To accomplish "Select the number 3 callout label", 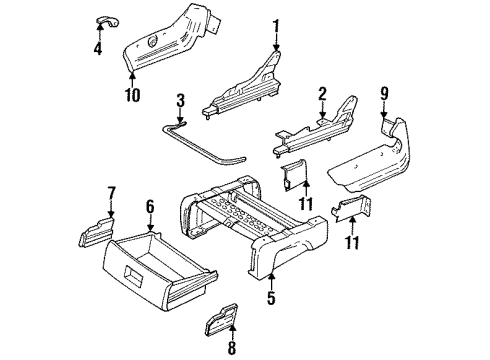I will point(180,102).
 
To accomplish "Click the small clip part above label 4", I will point(104,22).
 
